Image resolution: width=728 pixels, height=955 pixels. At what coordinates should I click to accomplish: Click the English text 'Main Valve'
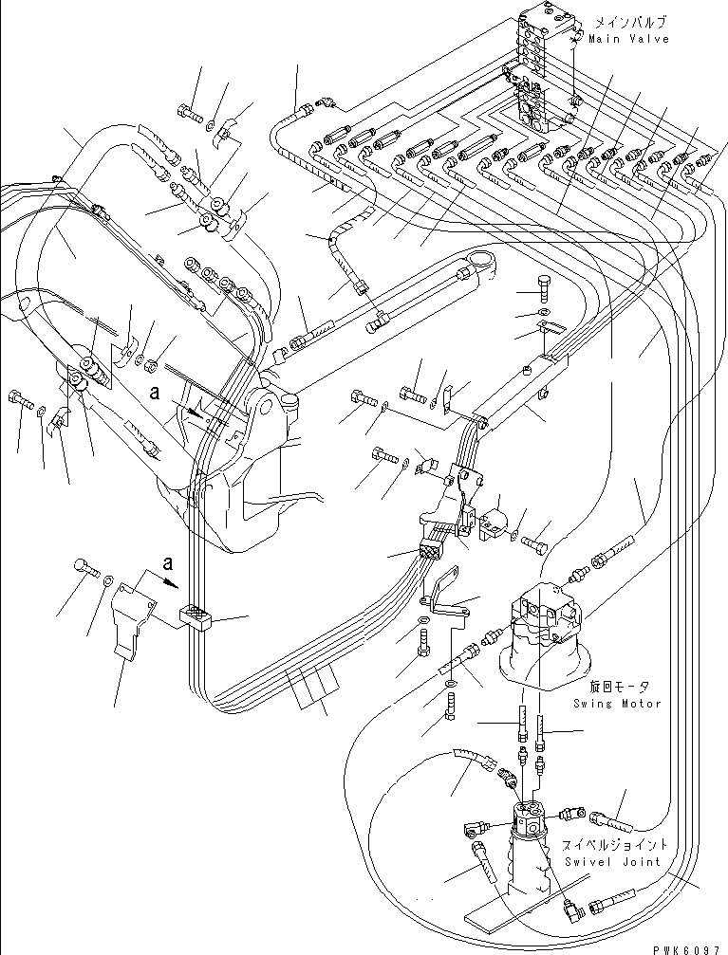tap(628, 39)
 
